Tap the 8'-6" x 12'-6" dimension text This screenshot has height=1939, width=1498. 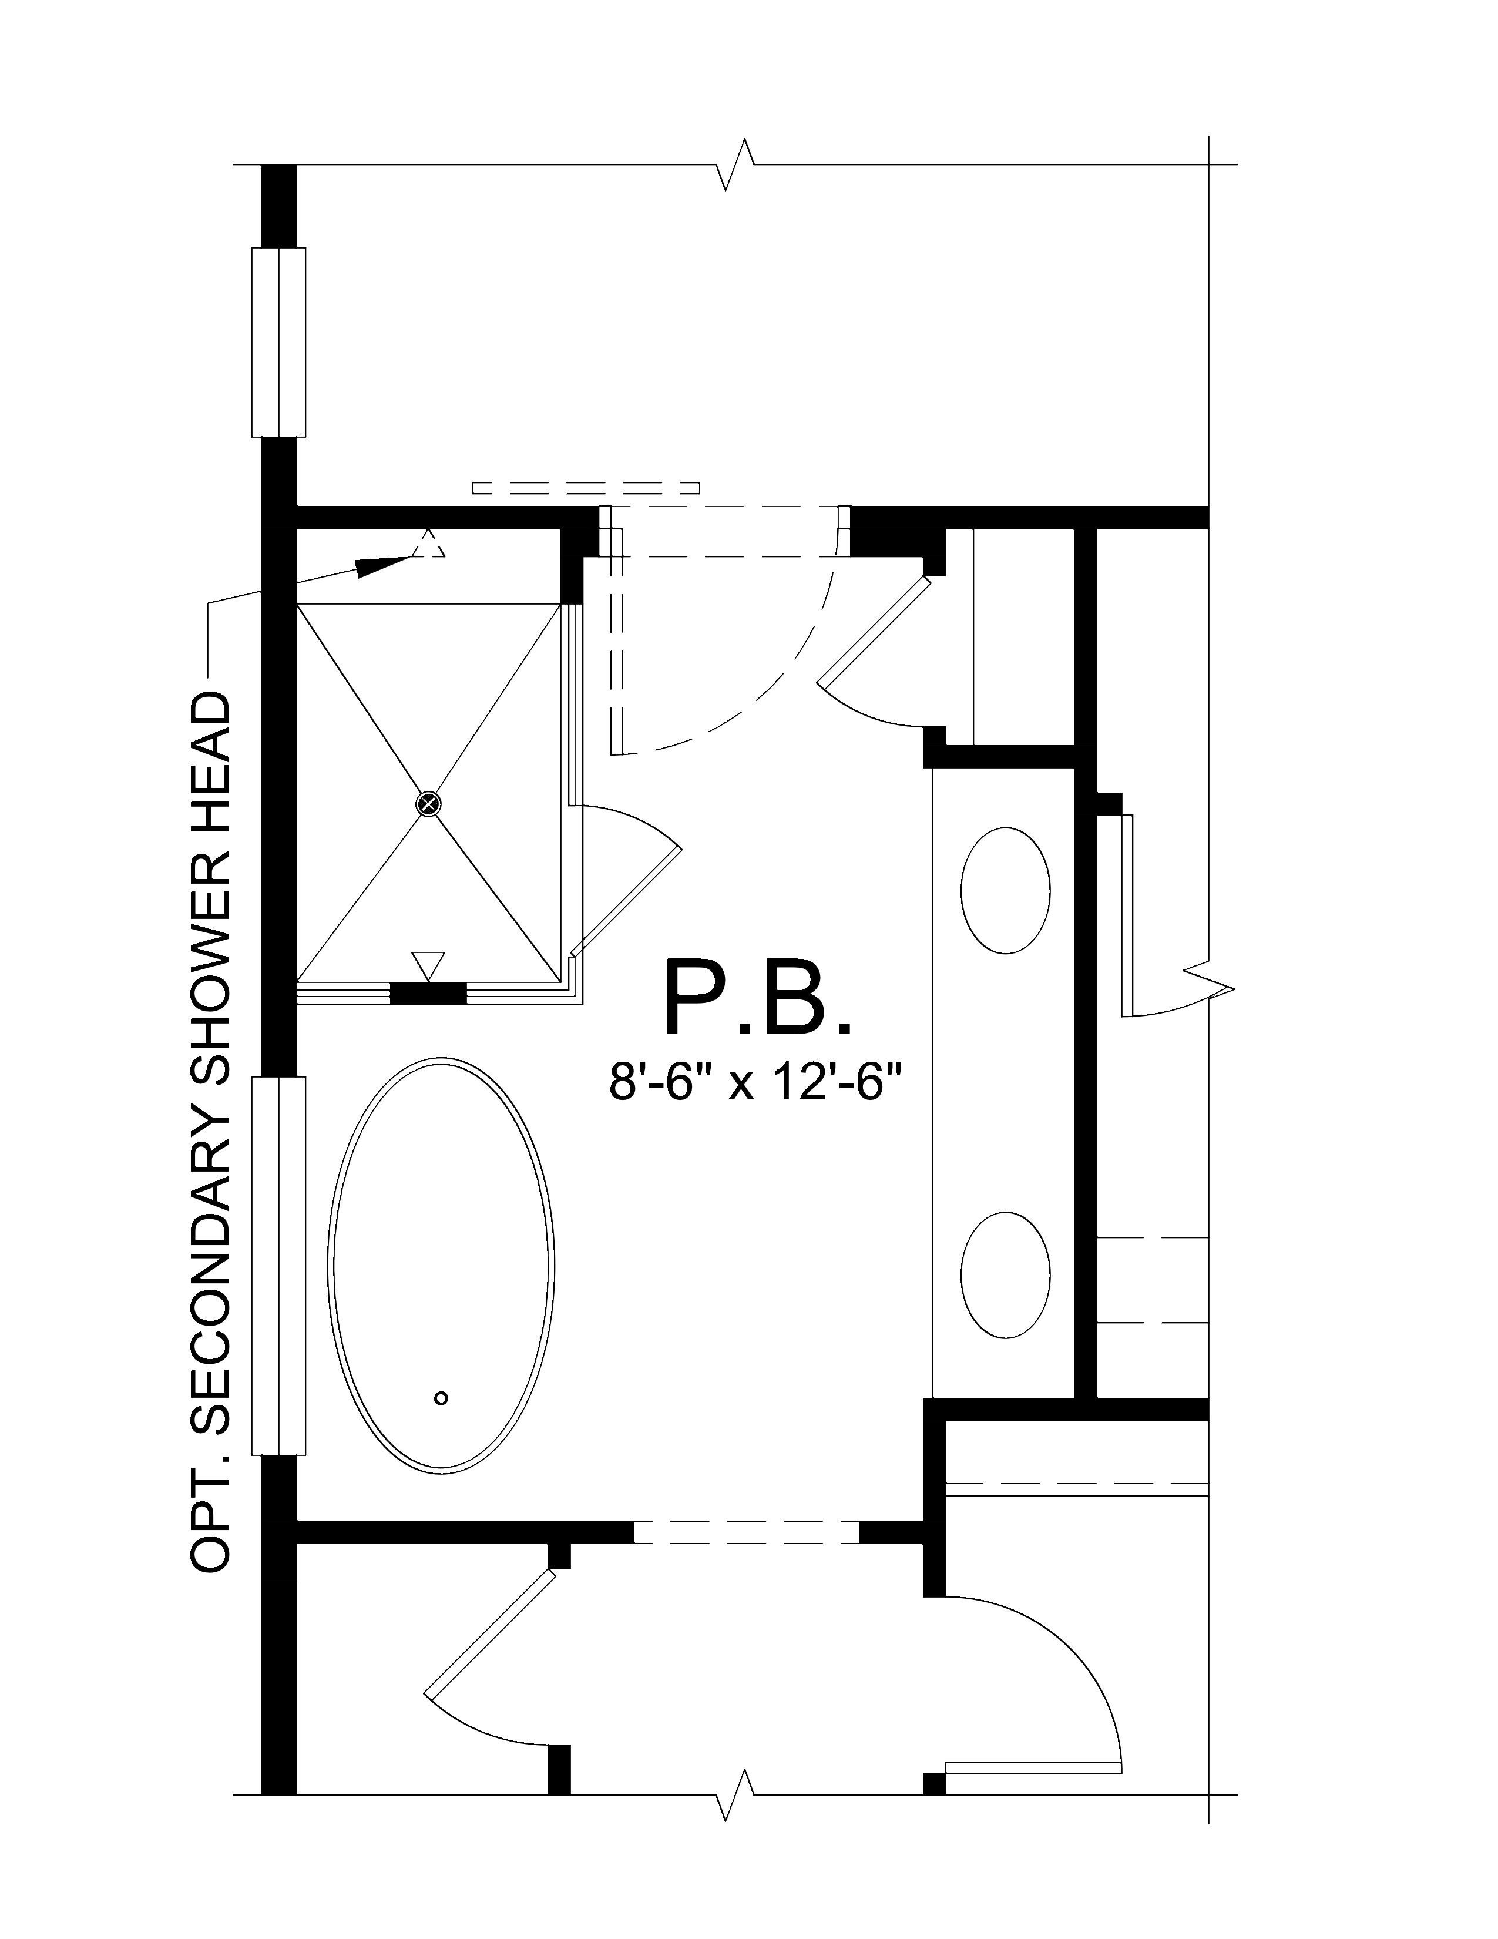(x=755, y=1082)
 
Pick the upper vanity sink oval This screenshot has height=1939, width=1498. (x=1006, y=891)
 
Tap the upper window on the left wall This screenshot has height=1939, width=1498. (x=278, y=343)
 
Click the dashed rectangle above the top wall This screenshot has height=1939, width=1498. (x=586, y=488)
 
